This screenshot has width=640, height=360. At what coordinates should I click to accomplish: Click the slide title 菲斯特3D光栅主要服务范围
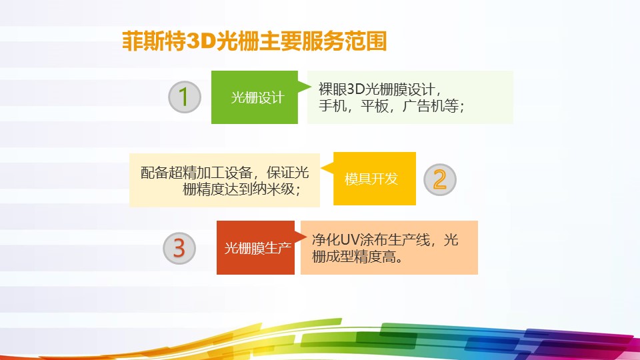254,41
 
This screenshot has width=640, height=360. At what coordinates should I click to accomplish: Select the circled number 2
439,179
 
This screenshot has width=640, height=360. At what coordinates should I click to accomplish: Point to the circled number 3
179,247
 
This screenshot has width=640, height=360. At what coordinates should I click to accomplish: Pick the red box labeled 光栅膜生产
256,248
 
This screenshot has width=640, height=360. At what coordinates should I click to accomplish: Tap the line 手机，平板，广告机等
391,106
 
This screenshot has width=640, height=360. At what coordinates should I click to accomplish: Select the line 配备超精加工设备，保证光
225,172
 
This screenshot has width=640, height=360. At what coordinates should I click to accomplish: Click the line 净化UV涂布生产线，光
385,240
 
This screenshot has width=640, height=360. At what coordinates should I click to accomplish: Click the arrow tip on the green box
309,85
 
